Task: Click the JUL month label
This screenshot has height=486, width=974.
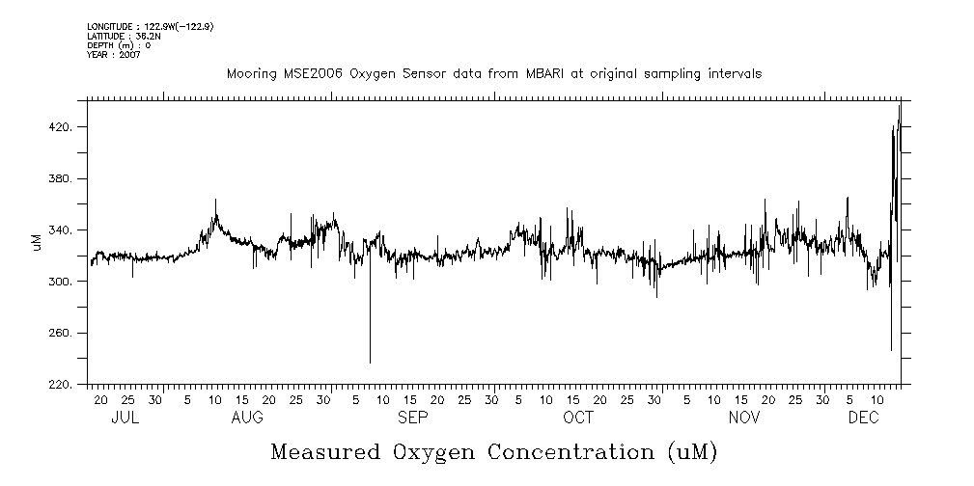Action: (x=125, y=418)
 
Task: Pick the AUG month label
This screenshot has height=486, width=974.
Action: (x=247, y=418)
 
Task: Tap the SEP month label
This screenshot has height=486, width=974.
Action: (x=412, y=418)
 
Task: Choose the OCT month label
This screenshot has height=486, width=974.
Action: (x=578, y=418)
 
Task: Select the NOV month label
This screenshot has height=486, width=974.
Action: (x=744, y=418)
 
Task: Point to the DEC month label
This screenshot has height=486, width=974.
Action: (x=863, y=418)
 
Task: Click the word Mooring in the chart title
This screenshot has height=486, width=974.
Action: (x=249, y=73)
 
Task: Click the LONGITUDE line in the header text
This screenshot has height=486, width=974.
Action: (x=150, y=27)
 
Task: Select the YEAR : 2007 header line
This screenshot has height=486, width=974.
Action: (x=114, y=55)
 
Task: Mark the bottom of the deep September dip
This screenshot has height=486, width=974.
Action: (x=370, y=363)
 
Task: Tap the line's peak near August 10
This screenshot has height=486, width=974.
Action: (x=215, y=200)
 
